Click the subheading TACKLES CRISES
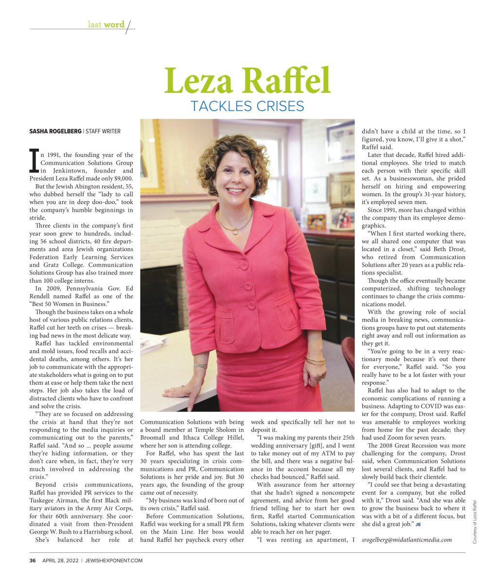[x=247, y=106]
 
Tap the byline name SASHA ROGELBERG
[x=55, y=131]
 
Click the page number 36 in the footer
[x=33, y=560]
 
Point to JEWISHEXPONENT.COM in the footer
[x=114, y=560]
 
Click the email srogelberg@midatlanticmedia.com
[x=407, y=540]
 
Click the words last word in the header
[x=106, y=24]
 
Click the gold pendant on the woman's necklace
[x=235, y=231]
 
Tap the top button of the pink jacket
[x=244, y=265]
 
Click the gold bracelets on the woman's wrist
[x=315, y=361]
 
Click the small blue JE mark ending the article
[x=418, y=525]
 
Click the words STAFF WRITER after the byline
[x=103, y=131]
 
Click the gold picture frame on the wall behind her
[x=153, y=155]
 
